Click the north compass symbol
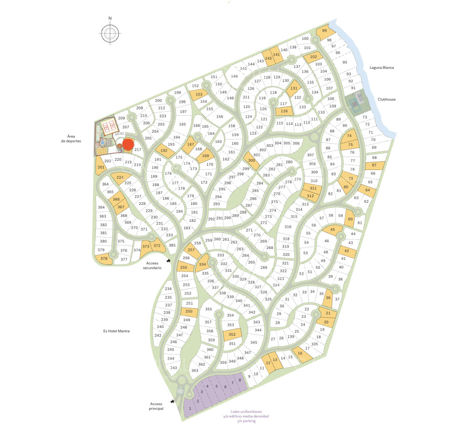pos(111,32)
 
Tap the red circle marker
pos(128,144)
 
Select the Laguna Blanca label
pos(381,68)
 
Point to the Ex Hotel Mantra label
pos(118,331)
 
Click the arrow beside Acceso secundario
pos(168,261)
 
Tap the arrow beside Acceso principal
pos(173,401)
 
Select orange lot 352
pos(232,334)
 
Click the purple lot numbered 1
pos(190,408)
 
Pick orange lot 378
pos(104,259)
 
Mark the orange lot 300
pos(251,160)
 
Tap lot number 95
pos(345,62)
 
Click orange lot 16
pos(300,354)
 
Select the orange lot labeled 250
pos(189,312)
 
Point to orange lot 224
pos(120,177)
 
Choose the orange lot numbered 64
pos(367,190)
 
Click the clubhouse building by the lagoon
pos(357,102)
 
